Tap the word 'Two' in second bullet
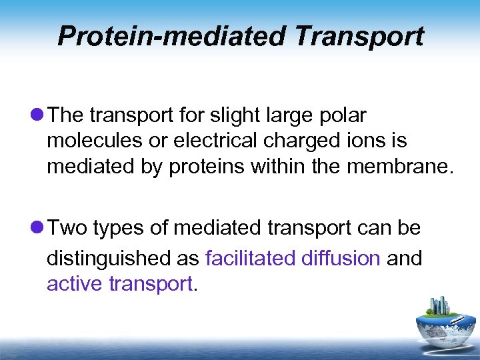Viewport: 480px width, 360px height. click(x=68, y=229)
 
